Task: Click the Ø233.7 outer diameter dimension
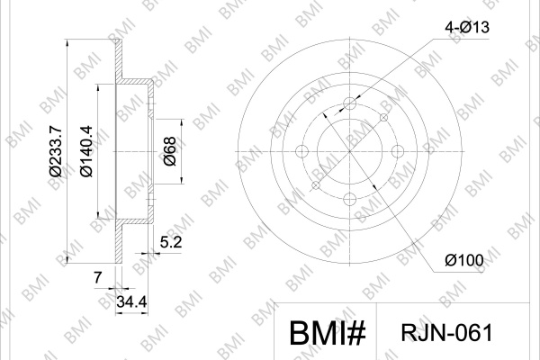56,151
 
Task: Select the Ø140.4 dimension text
86,151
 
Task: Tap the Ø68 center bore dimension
170,151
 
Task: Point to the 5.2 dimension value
171,242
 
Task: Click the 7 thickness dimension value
98,277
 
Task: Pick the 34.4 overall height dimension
131,302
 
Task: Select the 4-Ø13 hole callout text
467,27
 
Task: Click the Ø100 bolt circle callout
464,260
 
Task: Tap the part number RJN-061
447,333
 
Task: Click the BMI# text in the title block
328,333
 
